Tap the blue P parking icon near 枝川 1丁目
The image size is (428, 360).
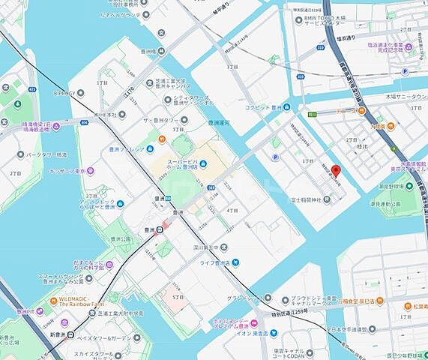click(275, 157)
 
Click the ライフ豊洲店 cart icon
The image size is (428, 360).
click(235, 262)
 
